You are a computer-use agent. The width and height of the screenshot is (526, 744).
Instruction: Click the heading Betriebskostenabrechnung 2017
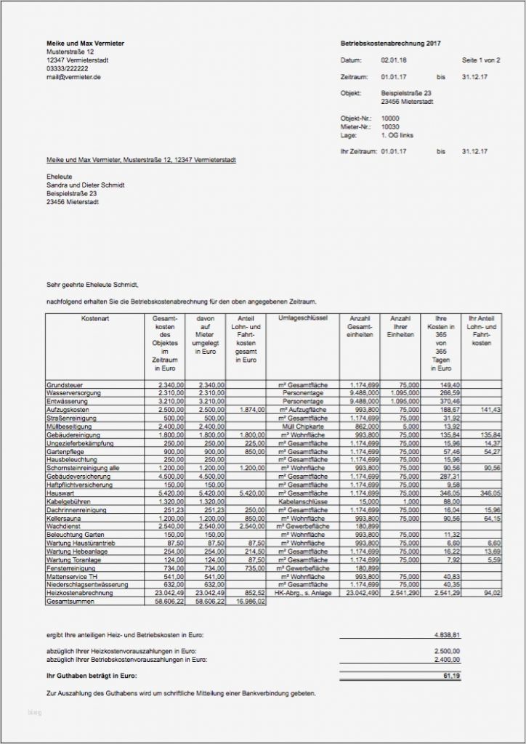(x=390, y=44)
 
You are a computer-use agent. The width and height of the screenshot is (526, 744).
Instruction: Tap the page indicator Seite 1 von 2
(x=481, y=60)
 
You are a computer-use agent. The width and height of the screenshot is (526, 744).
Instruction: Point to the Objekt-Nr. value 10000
(x=390, y=118)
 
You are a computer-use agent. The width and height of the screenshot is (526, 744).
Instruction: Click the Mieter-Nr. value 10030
(x=390, y=127)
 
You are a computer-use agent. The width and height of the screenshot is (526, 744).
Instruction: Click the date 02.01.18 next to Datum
(x=393, y=60)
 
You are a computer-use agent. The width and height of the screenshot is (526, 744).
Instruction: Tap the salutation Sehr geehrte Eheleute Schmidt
(x=92, y=286)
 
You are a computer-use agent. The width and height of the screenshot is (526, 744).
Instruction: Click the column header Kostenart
(x=95, y=319)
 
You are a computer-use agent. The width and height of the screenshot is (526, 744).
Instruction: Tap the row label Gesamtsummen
(x=69, y=602)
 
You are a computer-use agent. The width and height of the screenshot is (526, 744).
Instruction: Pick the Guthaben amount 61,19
(x=451, y=676)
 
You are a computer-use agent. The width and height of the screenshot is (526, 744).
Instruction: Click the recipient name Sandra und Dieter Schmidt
(x=85, y=185)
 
